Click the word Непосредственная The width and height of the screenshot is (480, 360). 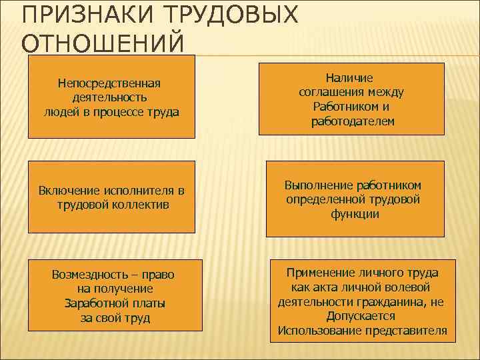111,84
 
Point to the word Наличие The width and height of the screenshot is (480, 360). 353,79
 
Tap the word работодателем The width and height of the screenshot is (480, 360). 353,121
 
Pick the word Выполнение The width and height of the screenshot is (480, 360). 318,185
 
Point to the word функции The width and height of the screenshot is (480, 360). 354,214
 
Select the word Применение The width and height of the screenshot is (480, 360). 321,273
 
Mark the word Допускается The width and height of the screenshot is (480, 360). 360,316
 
